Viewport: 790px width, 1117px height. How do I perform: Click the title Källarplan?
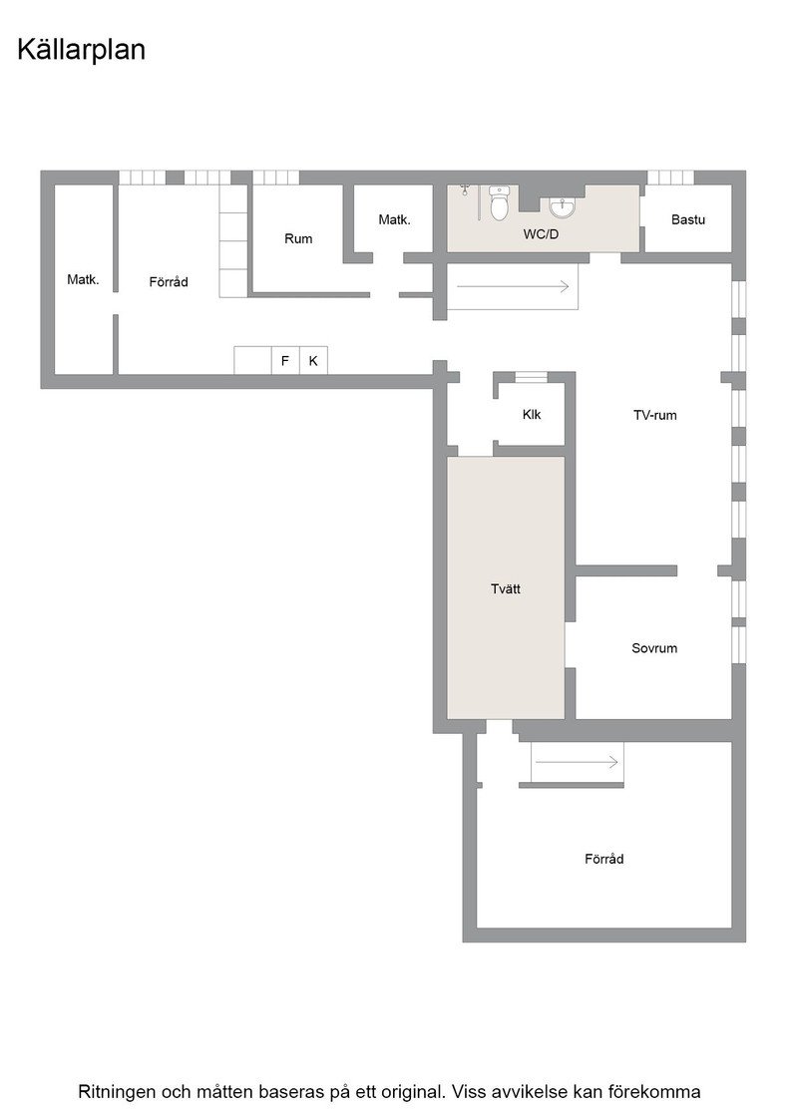point(81,51)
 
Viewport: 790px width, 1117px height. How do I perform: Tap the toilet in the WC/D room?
point(500,203)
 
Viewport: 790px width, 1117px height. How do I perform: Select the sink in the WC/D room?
point(563,207)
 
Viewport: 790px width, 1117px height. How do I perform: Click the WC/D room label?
point(541,233)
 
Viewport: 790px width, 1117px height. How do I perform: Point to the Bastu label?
point(688,219)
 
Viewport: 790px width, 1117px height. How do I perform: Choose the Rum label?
point(298,238)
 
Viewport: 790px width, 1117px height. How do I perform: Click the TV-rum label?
point(654,415)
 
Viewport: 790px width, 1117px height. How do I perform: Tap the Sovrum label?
point(654,648)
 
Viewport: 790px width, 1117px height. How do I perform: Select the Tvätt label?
point(506,589)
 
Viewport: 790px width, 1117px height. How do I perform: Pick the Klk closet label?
point(532,414)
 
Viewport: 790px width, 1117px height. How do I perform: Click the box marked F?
point(285,360)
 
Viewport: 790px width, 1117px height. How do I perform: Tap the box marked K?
point(313,360)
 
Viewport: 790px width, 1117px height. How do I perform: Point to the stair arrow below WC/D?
point(513,286)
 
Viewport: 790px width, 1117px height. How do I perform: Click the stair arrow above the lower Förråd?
point(577,762)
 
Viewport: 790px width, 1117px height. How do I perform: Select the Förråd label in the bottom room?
point(604,859)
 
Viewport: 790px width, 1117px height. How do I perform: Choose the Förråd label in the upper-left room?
point(169,282)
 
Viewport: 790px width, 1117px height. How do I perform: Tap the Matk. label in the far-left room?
point(83,279)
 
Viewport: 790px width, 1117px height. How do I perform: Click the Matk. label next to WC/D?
point(395,219)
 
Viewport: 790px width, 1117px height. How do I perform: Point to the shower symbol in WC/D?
point(465,189)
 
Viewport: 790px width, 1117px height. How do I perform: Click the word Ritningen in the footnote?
point(116,1092)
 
